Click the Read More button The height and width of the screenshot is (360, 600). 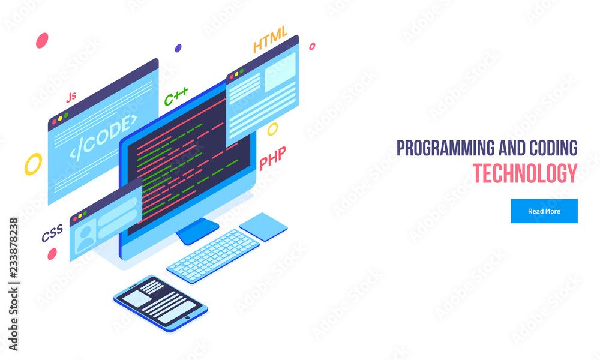(544, 211)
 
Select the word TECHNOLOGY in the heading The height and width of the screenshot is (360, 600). (524, 173)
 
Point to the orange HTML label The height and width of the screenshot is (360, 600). (270, 39)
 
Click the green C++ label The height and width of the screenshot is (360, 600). (176, 96)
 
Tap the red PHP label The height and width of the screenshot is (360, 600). (272, 160)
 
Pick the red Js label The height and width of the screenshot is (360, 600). (71, 97)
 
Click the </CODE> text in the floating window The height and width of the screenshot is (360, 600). (103, 136)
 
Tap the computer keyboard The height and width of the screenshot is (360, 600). (213, 255)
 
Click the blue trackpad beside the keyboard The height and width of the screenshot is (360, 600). (263, 226)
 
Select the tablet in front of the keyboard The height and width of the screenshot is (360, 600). (161, 304)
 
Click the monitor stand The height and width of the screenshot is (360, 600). (197, 231)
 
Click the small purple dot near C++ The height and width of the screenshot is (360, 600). (178, 48)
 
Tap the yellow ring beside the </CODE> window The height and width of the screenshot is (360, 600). (33, 164)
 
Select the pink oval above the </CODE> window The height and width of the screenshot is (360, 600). (42, 41)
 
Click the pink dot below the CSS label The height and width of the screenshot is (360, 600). (52, 254)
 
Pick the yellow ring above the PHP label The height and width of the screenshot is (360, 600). (272, 129)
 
